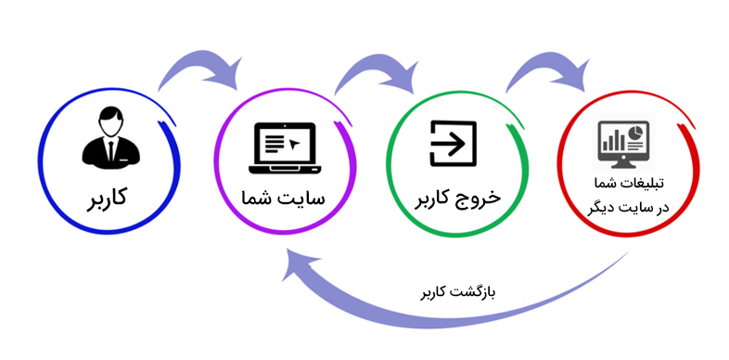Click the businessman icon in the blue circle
(109, 138)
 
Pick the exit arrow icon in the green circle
(454, 146)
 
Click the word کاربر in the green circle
(431, 199)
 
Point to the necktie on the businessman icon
(109, 148)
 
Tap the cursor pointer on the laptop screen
(294, 145)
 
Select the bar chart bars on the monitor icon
(614, 140)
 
